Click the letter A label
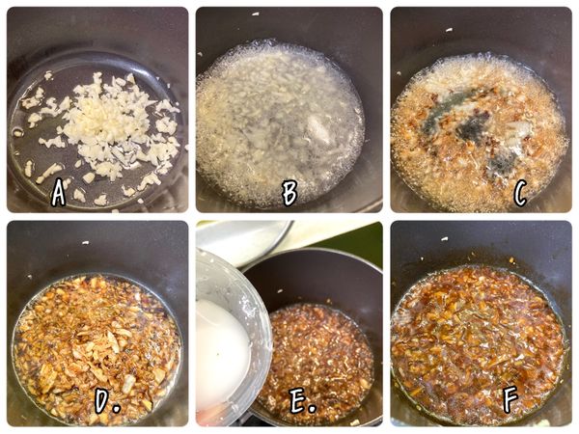[x=59, y=194]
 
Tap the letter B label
[x=289, y=193]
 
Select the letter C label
[x=520, y=194]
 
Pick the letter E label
[x=299, y=403]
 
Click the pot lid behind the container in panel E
[x=246, y=241]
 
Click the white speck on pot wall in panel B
[x=257, y=15]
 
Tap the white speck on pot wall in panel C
[x=449, y=29]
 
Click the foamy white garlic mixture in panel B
[x=280, y=121]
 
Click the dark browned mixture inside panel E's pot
[x=318, y=357]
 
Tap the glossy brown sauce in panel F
[x=478, y=338]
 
